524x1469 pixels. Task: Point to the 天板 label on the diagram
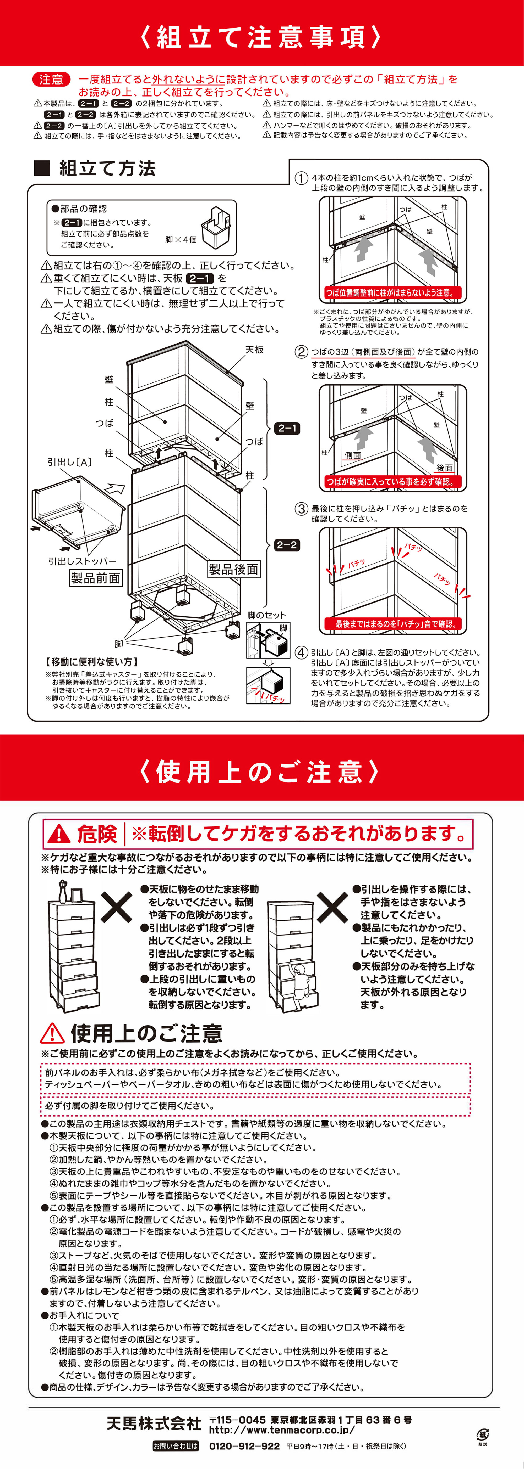tap(255, 350)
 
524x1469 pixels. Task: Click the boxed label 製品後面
tap(233, 569)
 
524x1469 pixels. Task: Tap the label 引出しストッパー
tap(82, 561)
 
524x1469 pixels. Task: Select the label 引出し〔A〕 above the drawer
tap(70, 462)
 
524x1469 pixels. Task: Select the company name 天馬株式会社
tap(154, 1423)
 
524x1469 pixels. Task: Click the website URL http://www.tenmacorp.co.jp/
tap(282, 1430)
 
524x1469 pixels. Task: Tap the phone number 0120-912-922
tap(245, 1446)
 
